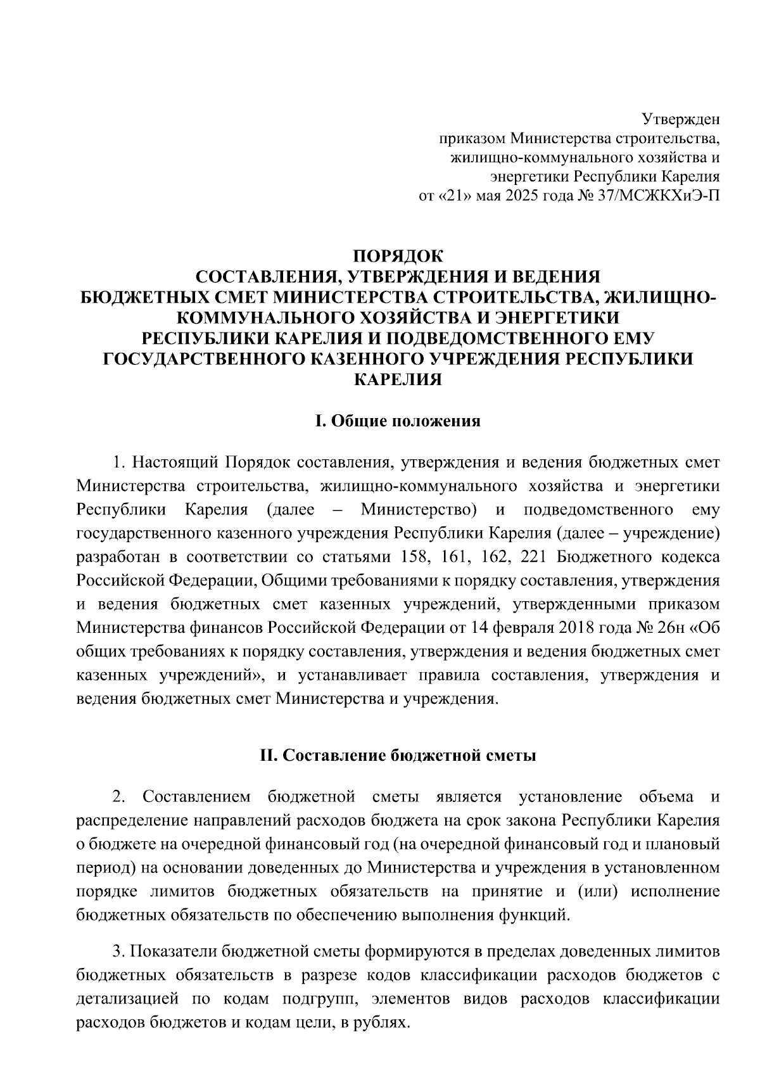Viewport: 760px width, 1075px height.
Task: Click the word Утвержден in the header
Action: [681, 118]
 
